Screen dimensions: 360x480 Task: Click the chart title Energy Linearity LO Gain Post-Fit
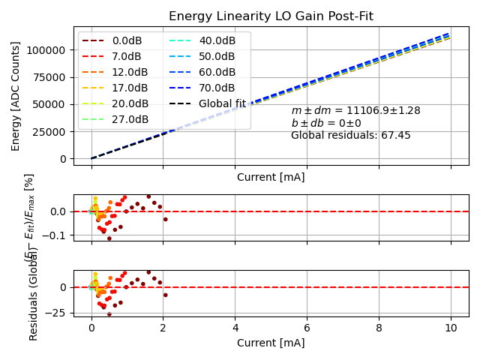coord(271,16)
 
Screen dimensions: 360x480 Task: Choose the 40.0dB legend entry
coord(217,40)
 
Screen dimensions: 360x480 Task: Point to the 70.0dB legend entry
coord(217,88)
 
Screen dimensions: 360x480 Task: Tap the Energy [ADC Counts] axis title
coord(16,95)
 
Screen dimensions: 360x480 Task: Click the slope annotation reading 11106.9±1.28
coord(355,110)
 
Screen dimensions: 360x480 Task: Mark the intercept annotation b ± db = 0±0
coord(326,123)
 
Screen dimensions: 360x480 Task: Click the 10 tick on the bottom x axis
coord(451,328)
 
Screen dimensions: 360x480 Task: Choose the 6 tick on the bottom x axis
coord(307,328)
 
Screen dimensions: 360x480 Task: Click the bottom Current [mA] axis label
coord(271,343)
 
